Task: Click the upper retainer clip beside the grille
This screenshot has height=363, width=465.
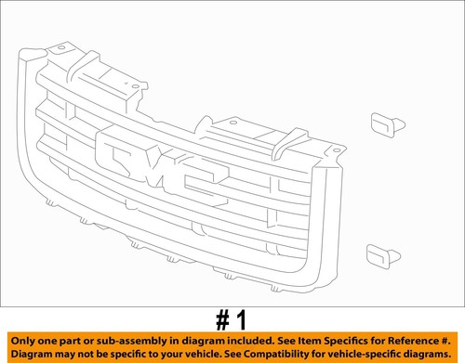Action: point(388,124)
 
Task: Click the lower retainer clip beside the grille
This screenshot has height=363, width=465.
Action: point(383,256)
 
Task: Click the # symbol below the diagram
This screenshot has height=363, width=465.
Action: point(223,320)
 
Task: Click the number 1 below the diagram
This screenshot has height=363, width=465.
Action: point(242,320)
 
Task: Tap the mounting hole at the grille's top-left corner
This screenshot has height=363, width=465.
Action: point(61,48)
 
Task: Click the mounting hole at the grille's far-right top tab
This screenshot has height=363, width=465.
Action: point(337,150)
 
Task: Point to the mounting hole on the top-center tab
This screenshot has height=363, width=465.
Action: point(233,123)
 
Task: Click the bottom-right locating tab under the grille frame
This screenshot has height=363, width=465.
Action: point(275,289)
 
